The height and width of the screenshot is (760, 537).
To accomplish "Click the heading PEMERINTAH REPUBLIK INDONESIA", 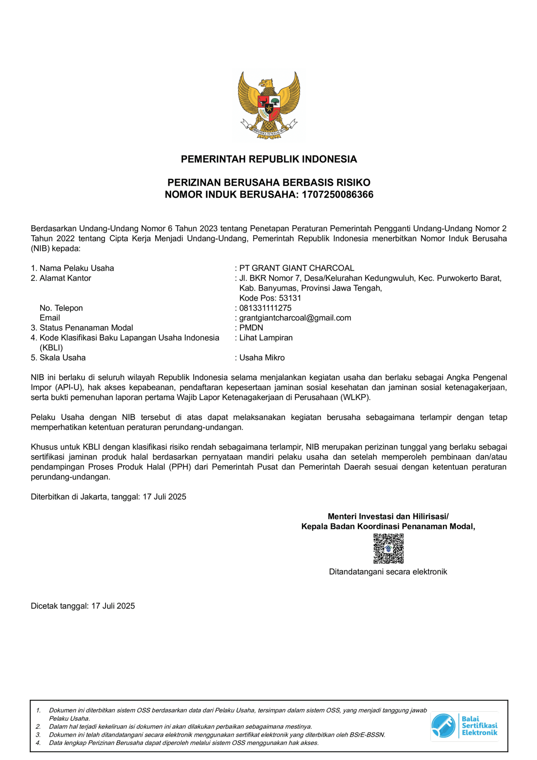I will pyautogui.click(x=268, y=159).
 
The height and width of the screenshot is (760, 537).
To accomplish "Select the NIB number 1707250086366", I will pyautogui.click(x=337, y=194).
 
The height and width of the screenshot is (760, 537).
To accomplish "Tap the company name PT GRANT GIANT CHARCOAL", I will pyautogui.click(x=296, y=268).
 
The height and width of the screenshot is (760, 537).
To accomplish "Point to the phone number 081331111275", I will pyautogui.click(x=265, y=308).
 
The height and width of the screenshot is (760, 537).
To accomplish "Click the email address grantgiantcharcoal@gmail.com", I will pyautogui.click(x=295, y=318).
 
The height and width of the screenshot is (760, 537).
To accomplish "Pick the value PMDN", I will pyautogui.click(x=251, y=327).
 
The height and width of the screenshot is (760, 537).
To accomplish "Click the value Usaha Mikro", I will pyautogui.click(x=262, y=358).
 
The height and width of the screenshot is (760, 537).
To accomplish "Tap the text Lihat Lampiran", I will pyautogui.click(x=266, y=338).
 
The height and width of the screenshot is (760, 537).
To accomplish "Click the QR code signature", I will pyautogui.click(x=388, y=548).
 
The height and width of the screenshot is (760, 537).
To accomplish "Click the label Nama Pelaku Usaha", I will pyautogui.click(x=77, y=268).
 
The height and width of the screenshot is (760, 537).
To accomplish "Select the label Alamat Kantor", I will pyautogui.click(x=65, y=278).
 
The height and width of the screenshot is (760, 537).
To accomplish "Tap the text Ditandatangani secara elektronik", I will pyautogui.click(x=388, y=572).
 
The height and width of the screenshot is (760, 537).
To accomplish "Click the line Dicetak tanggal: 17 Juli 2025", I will pyautogui.click(x=83, y=606).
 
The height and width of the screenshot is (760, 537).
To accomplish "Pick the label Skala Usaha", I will pyautogui.click(x=62, y=358).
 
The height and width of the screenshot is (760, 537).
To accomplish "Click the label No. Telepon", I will pyautogui.click(x=61, y=308).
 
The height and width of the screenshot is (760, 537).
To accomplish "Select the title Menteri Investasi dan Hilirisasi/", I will pyautogui.click(x=388, y=516).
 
